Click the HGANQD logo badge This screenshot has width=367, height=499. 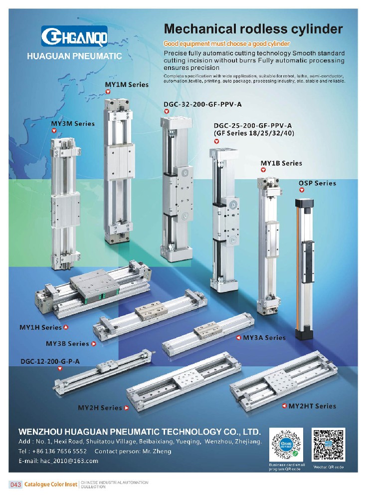point(74,36)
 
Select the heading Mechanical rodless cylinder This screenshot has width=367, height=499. point(253,29)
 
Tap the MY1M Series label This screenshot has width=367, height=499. point(127,85)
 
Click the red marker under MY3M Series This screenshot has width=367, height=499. point(54,130)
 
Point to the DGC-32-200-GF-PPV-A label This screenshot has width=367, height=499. point(202,104)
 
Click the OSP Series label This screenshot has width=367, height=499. point(317,183)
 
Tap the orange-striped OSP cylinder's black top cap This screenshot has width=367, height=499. point(304,203)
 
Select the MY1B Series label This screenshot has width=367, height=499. point(281,163)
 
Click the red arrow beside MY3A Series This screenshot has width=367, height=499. point(238,338)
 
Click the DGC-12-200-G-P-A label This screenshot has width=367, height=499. point(50,361)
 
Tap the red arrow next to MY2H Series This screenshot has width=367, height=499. point(127,408)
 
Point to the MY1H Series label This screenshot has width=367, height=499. point(40,327)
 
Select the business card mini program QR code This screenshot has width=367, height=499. point(286,445)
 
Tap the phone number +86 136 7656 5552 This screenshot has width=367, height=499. point(59,451)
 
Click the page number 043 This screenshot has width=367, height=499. point(16,485)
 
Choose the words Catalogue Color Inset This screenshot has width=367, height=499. point(50,485)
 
